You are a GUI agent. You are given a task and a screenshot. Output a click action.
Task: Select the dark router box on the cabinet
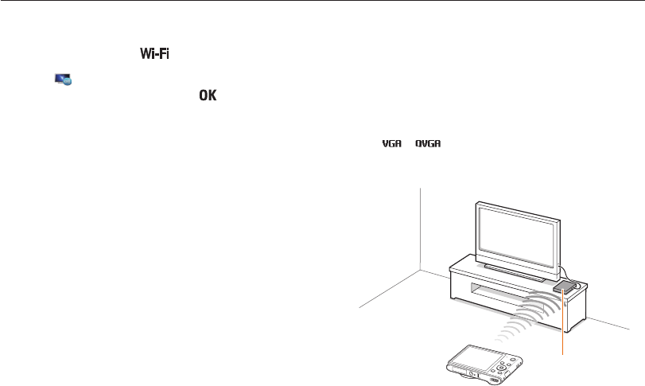[566, 286]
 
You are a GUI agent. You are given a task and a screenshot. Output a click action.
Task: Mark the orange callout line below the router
[564, 326]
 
